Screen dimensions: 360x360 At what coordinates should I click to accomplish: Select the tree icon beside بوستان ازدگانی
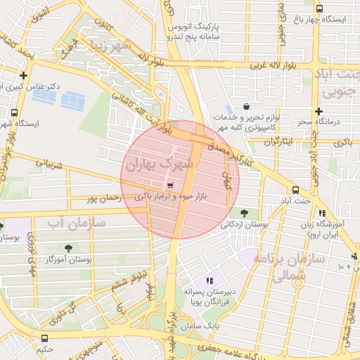point(244,212)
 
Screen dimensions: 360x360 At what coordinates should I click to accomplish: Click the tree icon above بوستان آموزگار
point(68,247)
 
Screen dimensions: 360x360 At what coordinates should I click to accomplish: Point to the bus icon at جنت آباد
point(295,190)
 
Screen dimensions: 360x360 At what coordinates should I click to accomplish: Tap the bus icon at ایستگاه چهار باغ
point(319,9)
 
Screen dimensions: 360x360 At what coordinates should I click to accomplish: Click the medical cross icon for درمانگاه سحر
point(319,111)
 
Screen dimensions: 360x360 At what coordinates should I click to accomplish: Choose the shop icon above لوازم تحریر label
point(245,105)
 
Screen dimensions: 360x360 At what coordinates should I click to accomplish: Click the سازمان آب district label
point(75,224)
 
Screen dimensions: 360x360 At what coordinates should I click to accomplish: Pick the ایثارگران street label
point(281,142)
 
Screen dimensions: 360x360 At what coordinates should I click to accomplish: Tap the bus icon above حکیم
point(45,338)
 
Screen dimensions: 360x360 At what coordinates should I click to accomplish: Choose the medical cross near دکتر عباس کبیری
point(24,75)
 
